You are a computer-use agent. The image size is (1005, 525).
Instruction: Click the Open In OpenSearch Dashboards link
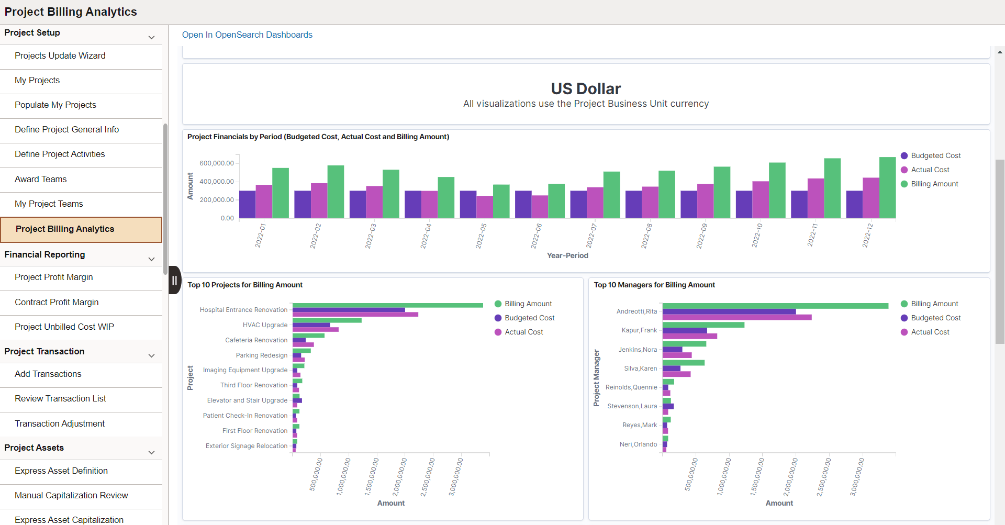click(247, 35)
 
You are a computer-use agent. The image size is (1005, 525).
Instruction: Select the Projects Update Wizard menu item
click(60, 55)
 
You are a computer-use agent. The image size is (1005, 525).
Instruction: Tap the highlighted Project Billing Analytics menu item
click(65, 229)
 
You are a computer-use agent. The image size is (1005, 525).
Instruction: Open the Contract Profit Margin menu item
click(57, 302)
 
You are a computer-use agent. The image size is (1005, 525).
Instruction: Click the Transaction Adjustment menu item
click(60, 423)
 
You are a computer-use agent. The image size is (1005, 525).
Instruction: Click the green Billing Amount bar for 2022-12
click(887, 187)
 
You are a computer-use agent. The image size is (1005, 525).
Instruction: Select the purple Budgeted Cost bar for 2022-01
click(247, 204)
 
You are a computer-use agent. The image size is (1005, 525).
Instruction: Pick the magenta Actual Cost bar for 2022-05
click(485, 207)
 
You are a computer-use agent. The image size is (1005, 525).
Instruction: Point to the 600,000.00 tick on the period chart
click(217, 163)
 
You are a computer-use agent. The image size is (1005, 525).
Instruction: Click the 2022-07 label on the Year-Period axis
click(590, 236)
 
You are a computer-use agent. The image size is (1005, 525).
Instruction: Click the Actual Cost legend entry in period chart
click(930, 170)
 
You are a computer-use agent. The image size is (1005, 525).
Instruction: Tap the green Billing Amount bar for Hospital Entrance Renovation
click(387, 305)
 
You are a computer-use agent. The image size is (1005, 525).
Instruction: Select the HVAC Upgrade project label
click(265, 325)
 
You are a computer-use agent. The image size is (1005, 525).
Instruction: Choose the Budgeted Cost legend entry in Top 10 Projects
click(529, 318)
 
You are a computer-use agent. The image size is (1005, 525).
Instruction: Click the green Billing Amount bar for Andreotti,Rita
click(775, 306)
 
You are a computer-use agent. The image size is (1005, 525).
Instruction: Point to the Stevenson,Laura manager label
click(632, 406)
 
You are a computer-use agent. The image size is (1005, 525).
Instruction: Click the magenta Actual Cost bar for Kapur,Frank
click(689, 337)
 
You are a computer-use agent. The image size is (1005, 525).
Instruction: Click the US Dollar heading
click(586, 88)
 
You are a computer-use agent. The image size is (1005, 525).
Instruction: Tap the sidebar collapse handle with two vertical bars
click(175, 280)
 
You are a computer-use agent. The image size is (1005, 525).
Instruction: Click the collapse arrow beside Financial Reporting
click(151, 259)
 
